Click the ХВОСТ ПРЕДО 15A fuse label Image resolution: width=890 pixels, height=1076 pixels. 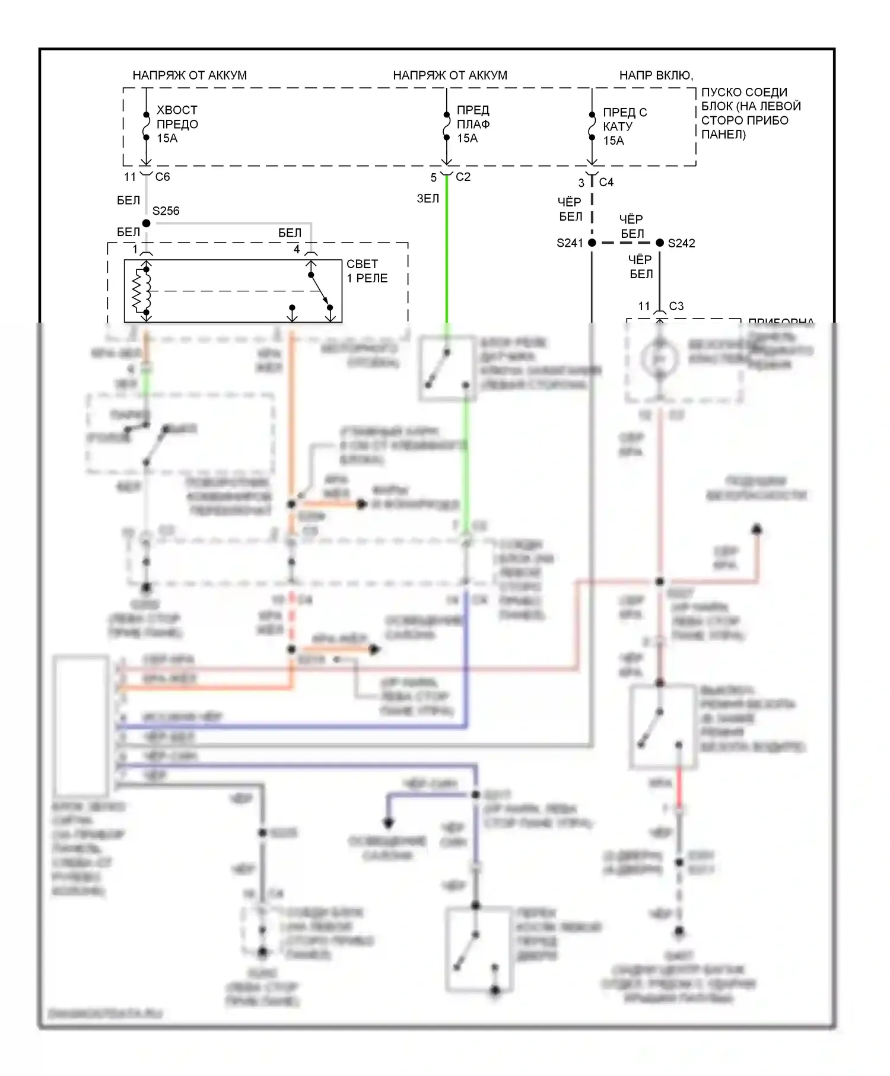pos(177,124)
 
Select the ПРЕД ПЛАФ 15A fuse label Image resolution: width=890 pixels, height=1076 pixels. pos(473,124)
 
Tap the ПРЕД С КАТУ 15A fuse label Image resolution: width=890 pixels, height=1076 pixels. pos(624,126)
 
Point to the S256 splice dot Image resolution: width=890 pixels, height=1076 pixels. pos(147,223)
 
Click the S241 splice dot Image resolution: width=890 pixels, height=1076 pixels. pos(592,243)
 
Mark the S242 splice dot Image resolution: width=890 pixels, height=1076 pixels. pos(660,243)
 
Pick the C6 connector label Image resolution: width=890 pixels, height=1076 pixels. pos(163,177)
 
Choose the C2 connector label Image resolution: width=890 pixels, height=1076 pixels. pos(463,177)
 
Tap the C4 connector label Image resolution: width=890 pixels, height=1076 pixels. pos(606,182)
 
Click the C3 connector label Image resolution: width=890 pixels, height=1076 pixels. pos(676,306)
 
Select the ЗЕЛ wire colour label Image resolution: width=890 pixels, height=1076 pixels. pos(428,198)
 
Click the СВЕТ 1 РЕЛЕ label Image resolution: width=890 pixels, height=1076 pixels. pos(367,271)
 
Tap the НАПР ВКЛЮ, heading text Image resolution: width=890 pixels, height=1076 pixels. pos(656,75)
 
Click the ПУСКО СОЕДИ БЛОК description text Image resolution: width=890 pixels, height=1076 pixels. pos(751,113)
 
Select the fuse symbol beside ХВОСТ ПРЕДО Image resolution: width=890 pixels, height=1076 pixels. pos(146,125)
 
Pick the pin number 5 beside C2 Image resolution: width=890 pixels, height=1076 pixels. pos(434,177)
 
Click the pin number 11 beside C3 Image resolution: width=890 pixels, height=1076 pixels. pos(644,306)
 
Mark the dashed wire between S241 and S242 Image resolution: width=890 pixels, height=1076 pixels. pos(625,243)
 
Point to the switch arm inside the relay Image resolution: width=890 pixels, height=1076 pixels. pos(320,291)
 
